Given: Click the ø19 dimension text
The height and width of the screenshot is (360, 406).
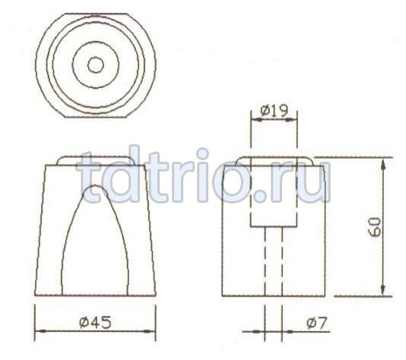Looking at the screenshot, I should point(274,111).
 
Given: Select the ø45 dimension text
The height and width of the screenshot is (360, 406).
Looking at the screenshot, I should point(95,321).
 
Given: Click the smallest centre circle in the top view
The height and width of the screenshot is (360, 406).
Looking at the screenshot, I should point(95,65).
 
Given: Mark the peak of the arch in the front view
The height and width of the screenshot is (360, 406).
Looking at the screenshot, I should point(95,185).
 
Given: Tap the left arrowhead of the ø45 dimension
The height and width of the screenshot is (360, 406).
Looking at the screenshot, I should point(41,330).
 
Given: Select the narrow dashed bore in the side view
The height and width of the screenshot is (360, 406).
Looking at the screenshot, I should point(274,262).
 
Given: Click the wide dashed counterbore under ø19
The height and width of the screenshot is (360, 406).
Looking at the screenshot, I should point(274,197).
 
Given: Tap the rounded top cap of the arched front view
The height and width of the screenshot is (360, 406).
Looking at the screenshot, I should point(95,160).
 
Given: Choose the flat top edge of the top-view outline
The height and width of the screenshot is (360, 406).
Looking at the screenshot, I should point(95,13).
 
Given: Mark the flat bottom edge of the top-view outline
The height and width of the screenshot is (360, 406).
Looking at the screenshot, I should point(95,116).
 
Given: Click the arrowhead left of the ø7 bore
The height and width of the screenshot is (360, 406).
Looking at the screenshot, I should point(259,330).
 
